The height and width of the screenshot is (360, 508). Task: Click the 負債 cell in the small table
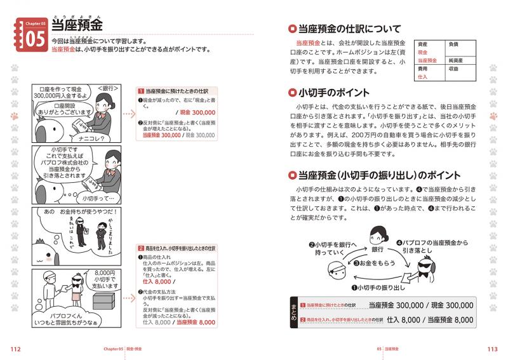pyautogui.click(x=453, y=44)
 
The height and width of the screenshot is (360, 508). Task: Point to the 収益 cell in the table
pyautogui.click(x=453, y=68)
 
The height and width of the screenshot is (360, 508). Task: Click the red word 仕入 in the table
pyautogui.click(x=423, y=76)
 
